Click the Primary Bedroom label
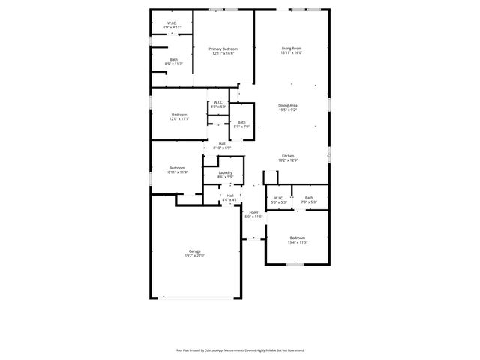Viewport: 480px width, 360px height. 223,49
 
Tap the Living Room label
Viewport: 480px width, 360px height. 291,49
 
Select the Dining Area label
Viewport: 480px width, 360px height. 289,106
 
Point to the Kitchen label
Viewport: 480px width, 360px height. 288,156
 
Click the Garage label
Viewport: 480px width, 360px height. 195,251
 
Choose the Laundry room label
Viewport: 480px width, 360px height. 225,173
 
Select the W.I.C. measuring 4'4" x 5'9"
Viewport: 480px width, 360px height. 218,102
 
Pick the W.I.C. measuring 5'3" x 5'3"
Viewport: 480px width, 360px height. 278,198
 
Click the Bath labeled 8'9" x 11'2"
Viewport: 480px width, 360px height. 173,60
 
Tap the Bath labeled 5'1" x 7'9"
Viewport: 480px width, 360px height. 241,122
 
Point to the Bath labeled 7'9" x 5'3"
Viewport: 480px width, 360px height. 309,198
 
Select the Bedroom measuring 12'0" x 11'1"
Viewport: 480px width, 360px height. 179,115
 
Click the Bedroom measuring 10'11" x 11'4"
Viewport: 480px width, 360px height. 176,167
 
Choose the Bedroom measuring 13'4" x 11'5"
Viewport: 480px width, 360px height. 298,238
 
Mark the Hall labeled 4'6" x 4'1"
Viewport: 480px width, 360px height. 230,196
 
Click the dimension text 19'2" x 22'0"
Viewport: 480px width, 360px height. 195,256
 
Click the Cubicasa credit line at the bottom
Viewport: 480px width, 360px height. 240,349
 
